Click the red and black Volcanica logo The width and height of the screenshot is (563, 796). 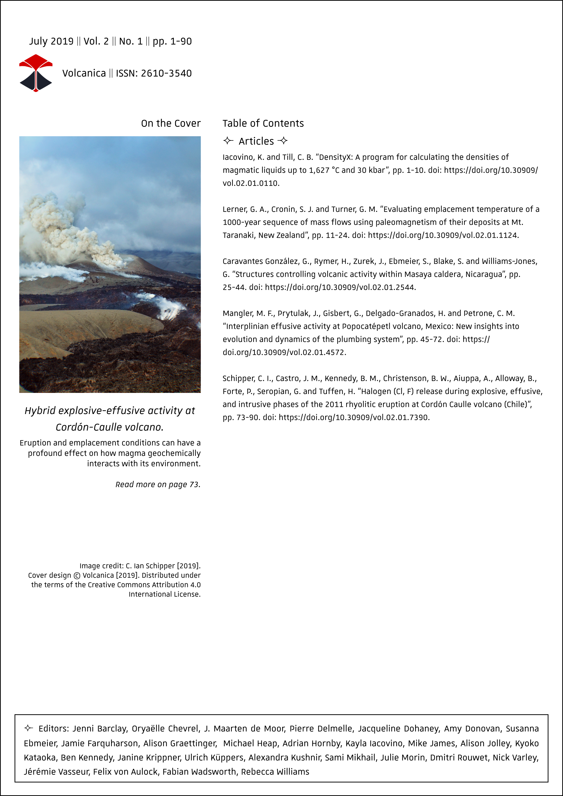point(36,73)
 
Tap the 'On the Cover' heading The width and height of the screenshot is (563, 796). point(171,123)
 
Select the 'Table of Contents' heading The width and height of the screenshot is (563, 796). point(263,123)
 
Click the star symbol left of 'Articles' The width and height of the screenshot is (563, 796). point(228,141)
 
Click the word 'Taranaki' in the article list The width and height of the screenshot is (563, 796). point(238,236)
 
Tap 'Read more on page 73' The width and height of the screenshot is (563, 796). point(158,485)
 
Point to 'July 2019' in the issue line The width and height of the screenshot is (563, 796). point(51,42)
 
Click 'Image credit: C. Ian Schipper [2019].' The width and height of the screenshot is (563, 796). point(140,566)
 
